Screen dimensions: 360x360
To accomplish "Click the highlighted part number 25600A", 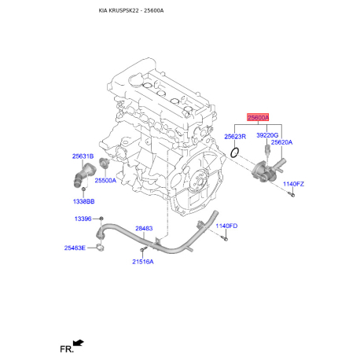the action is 258,118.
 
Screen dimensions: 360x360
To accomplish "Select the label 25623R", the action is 235,137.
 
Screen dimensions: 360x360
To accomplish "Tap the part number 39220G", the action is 267,135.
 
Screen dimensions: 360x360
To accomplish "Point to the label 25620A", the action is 281,142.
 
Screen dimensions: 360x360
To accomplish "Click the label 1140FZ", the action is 293,184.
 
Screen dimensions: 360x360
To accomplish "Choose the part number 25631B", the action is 83,156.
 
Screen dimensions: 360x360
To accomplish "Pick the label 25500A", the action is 105,181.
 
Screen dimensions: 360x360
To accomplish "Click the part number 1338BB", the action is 83,201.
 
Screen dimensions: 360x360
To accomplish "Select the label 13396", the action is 83,219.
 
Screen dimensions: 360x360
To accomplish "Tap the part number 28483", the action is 144,229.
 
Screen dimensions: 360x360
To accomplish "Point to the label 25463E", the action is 75,248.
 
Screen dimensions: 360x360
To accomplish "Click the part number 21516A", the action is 143,262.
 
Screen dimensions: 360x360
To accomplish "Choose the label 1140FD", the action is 226,226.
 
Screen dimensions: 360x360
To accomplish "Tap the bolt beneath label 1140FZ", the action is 291,194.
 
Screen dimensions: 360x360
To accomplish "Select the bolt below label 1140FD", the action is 224,238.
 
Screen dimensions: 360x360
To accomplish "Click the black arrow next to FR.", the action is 79,343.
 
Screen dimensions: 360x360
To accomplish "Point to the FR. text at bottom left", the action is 67,349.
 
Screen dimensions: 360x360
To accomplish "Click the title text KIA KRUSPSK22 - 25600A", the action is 131,10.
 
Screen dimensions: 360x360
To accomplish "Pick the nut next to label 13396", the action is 101,219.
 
